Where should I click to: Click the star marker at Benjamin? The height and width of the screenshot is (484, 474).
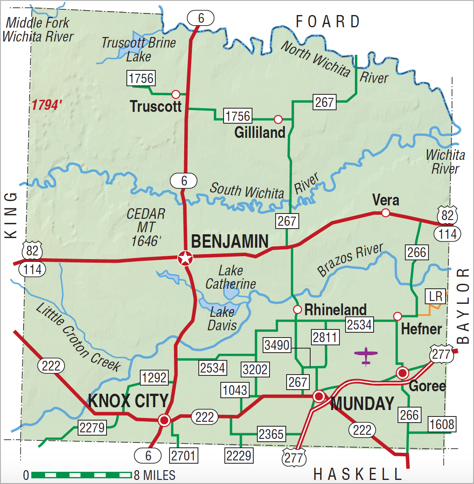pos(185,258)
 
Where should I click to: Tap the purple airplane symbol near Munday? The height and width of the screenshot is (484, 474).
pos(366,355)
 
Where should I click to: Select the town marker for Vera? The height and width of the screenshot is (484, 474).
pos(385,213)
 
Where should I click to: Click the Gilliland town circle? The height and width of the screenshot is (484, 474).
pos(278,119)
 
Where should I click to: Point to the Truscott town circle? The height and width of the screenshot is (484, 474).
pos(176,94)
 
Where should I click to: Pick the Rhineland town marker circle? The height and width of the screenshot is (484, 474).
pos(297,310)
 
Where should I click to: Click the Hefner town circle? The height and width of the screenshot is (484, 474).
pos(398,316)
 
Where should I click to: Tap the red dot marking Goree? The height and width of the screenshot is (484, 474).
pos(402,373)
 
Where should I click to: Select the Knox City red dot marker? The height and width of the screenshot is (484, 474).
pos(164,420)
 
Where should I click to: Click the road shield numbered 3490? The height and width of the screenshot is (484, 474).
pos(277,345)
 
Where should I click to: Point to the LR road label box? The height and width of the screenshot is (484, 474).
pos(435,296)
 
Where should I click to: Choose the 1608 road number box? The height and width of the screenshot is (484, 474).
pos(442,424)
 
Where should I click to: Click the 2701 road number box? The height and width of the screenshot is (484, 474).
pos(183,456)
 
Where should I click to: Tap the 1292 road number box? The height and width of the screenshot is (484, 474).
pos(154,378)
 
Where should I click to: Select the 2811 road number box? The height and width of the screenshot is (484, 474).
pos(325,337)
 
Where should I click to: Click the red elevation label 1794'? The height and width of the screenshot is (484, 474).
pos(47,105)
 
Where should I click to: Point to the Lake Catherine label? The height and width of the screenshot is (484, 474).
pos(230,277)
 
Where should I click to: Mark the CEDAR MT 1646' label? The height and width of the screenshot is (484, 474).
pos(146,227)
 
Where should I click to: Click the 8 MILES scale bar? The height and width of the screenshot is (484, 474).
pos(81,475)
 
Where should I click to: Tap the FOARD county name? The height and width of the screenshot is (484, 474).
pos(328,22)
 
